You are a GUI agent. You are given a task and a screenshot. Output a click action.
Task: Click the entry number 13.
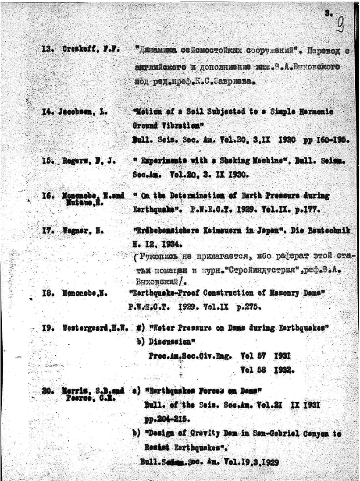click(47, 50)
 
